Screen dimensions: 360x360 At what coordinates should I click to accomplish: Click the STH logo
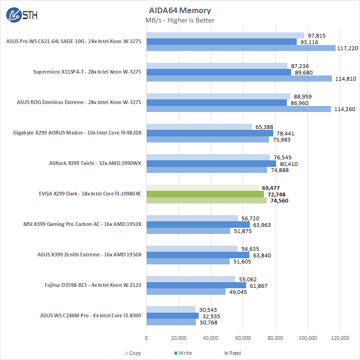[22, 15]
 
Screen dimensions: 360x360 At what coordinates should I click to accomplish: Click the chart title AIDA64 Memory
[180, 10]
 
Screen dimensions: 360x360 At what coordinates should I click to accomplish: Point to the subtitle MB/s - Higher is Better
[180, 20]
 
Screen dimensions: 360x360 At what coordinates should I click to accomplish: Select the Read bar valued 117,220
[241, 48]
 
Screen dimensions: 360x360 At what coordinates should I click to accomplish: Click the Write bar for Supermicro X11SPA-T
[219, 72]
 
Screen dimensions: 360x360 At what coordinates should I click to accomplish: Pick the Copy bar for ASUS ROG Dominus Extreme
[218, 97]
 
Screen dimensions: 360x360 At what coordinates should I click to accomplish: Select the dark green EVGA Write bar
[205, 194]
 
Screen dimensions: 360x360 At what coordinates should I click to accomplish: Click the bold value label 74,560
[279, 200]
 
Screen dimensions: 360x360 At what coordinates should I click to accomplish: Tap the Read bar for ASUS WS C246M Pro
[171, 322]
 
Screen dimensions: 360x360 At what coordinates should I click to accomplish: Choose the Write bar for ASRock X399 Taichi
[211, 164]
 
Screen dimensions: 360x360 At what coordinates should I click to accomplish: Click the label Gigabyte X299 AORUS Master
[77, 133]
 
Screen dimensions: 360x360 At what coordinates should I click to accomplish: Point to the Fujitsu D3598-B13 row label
[86, 285]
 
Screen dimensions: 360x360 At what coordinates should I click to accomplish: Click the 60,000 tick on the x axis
[243, 337]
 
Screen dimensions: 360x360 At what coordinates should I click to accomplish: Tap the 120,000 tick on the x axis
[339, 337]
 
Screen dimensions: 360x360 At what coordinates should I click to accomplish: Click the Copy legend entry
[133, 353]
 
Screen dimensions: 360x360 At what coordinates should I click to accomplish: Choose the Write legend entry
[182, 353]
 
